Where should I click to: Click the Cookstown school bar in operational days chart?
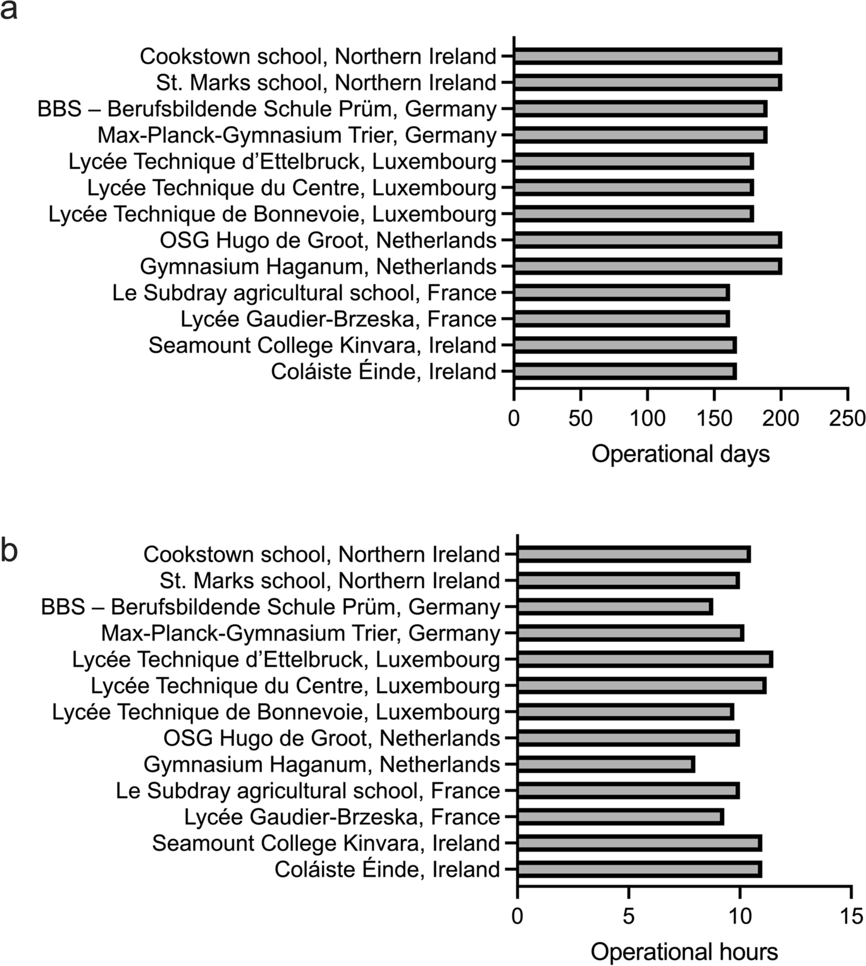tap(647, 56)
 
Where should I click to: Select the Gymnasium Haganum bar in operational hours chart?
tap(605, 765)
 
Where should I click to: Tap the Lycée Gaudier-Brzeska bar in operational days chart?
tap(621, 319)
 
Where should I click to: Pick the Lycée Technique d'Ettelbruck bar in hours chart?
tap(645, 660)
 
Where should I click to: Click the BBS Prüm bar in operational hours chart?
tap(615, 607)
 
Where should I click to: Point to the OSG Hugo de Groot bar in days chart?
tap(647, 241)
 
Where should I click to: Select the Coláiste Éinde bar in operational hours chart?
tap(639, 870)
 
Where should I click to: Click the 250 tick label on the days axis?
tap(848, 418)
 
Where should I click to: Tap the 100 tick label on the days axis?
tap(647, 418)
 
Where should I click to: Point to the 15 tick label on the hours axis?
tap(851, 916)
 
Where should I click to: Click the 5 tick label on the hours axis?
tap(628, 916)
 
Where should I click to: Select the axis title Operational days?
tap(681, 454)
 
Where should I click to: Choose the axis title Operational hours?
tap(684, 952)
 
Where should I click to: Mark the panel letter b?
tap(9, 550)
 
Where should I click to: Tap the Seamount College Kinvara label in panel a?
tap(322, 346)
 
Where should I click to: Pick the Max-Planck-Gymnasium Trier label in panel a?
tap(297, 135)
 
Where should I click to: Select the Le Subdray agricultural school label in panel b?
tap(307, 791)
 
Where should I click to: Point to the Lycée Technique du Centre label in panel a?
tap(292, 188)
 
